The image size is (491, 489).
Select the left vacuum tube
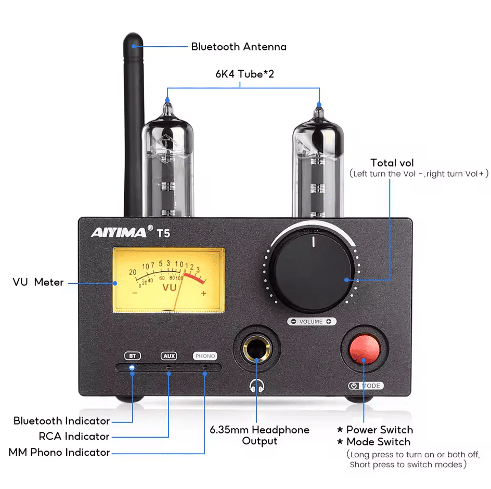pos(167,166)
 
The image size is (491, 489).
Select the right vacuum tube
pos(318,166)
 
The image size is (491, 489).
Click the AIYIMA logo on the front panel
pos(119,232)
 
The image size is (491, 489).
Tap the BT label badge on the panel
pos(133,356)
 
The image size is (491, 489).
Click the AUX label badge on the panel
pos(169,356)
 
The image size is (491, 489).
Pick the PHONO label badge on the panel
pos(205,356)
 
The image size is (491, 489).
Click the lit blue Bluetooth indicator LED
pos(132,368)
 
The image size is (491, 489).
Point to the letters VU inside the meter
pos(170,287)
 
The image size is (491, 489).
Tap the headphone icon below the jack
pos(256,386)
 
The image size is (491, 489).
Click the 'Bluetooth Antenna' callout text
pos(238,47)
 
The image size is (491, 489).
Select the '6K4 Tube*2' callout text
pos(244,74)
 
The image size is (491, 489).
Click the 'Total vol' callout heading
pos(392,163)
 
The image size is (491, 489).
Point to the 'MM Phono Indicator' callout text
pos(59,452)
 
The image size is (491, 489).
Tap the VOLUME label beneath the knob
pos(312,322)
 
